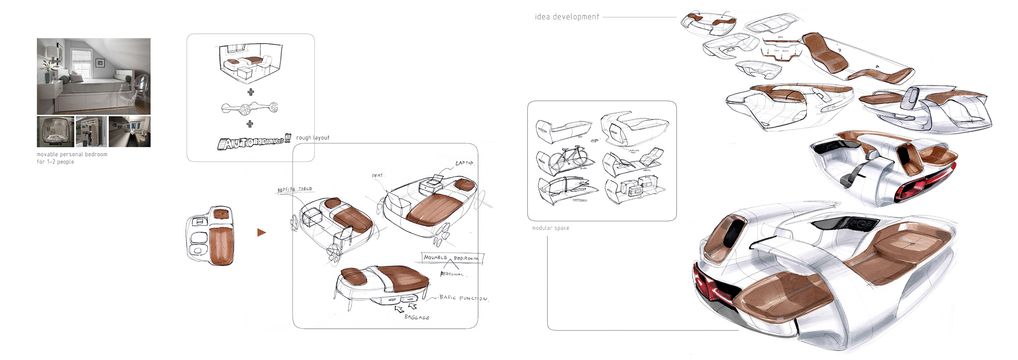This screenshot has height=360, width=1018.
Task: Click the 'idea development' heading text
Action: [567, 17]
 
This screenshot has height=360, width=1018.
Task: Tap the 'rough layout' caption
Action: [313, 137]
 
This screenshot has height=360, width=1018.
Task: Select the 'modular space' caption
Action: [550, 228]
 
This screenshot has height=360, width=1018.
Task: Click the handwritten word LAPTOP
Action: [464, 163]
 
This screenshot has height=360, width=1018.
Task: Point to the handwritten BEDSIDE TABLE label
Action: [295, 189]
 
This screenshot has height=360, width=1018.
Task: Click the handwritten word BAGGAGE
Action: [417, 317]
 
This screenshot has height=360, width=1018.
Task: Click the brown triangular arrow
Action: [261, 232]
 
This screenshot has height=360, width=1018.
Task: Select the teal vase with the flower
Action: [47, 75]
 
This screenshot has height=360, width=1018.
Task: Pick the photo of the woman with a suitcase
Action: [91, 132]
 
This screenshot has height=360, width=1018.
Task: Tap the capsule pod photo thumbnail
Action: [55, 132]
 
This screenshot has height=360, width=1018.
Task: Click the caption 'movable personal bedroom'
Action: [72, 154]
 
